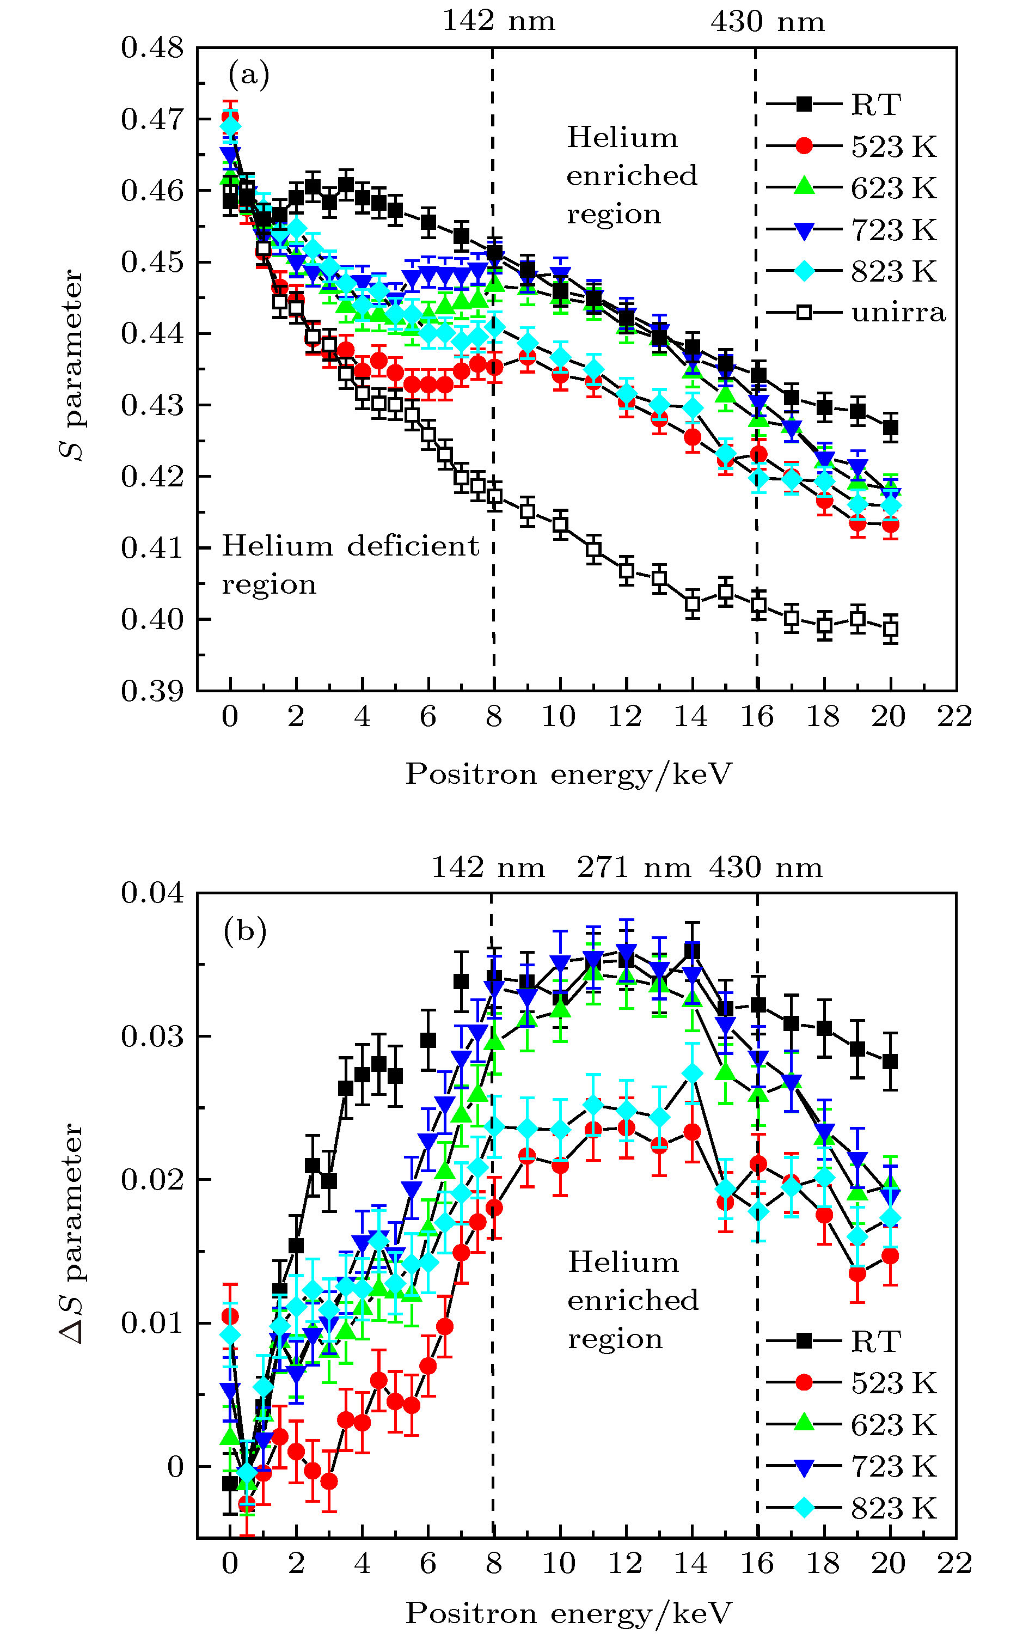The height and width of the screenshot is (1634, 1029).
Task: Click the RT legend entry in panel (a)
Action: [875, 105]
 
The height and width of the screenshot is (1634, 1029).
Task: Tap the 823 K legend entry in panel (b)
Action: [893, 1509]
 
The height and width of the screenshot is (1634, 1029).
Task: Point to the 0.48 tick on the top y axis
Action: [152, 47]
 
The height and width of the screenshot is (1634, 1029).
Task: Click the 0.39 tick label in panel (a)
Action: [152, 690]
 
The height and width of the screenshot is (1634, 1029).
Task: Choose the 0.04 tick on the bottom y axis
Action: [152, 893]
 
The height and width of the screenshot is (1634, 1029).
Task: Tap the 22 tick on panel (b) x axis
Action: [954, 1563]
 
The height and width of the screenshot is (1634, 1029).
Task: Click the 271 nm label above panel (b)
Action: [634, 867]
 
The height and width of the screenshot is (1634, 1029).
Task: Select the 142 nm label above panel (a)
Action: [499, 21]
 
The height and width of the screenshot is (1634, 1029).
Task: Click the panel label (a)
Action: [248, 74]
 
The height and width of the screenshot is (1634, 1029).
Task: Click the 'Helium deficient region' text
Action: [350, 565]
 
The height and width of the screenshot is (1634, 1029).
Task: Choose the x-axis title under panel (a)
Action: [568, 773]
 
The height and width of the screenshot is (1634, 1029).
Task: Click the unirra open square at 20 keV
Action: [891, 629]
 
